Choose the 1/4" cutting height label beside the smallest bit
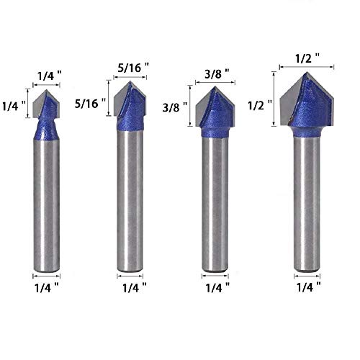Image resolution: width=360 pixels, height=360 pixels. (14, 104)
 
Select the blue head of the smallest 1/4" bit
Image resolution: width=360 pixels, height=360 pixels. (48, 119)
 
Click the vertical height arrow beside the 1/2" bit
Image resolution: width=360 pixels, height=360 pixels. (274, 99)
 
